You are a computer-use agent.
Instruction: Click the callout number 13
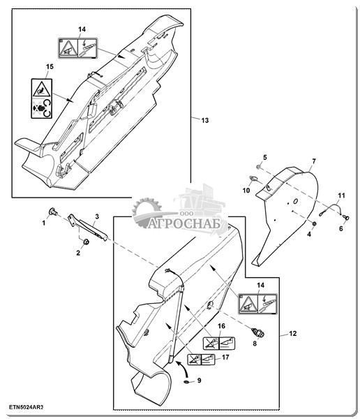coord(205,121)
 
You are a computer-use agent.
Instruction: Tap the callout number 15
coord(50,66)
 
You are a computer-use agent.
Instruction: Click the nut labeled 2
coord(86,242)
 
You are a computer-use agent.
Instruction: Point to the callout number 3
coord(97,216)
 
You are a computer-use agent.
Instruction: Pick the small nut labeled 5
coord(259,167)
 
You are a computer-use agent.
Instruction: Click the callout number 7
coord(314,161)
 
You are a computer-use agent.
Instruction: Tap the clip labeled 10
coord(253,179)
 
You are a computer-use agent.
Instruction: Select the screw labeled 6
coord(346,218)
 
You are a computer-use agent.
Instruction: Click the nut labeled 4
coord(315,223)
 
